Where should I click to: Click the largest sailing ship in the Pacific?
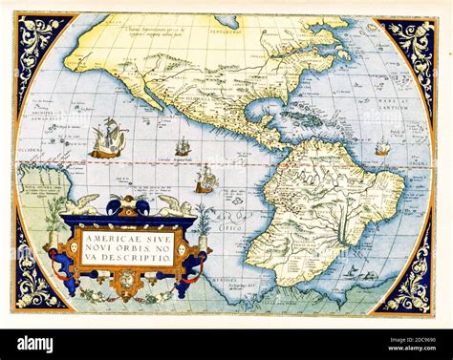107,138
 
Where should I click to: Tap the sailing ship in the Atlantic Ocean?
382,148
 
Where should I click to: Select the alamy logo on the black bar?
34,342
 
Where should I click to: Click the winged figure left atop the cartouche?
84,203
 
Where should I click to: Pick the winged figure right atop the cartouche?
173,204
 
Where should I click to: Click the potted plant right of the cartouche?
204,222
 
